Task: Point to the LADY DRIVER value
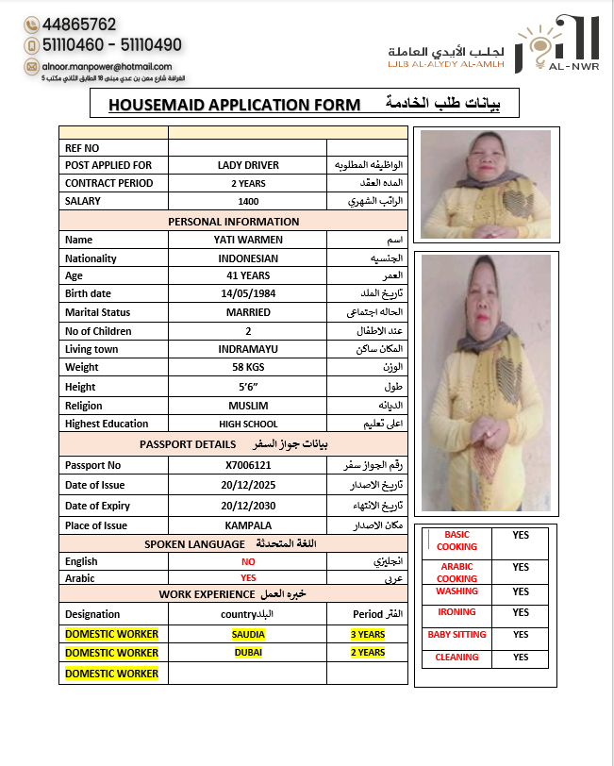248,165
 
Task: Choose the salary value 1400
248,201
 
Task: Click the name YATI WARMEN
248,240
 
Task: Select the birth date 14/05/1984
248,293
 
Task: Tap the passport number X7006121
248,465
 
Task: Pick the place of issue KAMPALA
248,525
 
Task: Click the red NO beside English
248,561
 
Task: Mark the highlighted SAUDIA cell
248,635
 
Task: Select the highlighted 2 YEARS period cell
368,653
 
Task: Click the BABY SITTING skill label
456,635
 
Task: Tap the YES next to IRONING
521,612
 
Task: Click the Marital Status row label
98,312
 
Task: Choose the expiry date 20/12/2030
248,507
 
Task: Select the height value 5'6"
248,386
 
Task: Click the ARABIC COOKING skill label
456,573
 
